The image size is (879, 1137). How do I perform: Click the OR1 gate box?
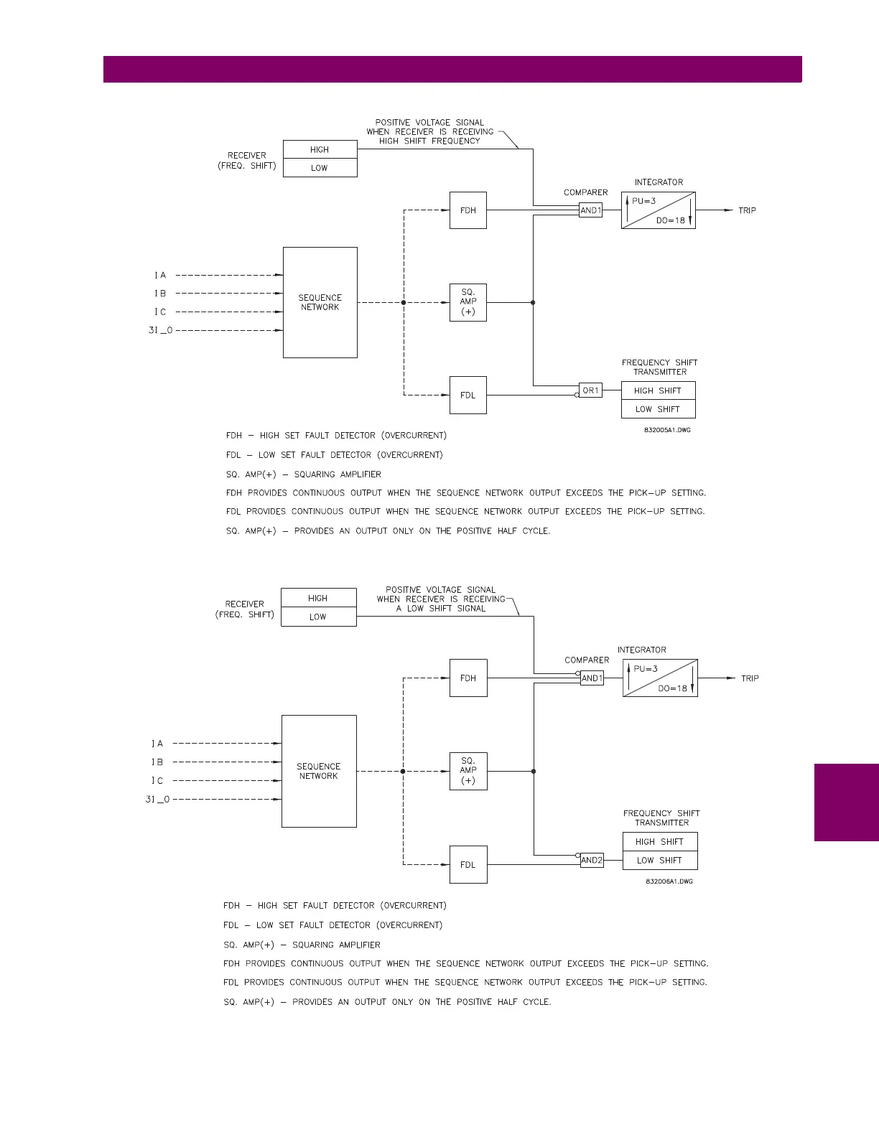click(x=590, y=390)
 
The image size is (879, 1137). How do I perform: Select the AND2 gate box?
click(x=592, y=860)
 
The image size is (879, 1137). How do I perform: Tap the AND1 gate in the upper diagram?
click(x=590, y=210)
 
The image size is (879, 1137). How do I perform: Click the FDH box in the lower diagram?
click(x=468, y=678)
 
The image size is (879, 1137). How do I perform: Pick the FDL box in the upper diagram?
click(x=468, y=396)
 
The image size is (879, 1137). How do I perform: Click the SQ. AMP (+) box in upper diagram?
click(x=468, y=302)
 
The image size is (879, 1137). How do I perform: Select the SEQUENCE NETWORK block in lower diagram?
click(x=319, y=771)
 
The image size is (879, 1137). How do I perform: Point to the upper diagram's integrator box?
click(x=659, y=210)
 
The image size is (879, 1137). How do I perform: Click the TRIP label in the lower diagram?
click(x=750, y=678)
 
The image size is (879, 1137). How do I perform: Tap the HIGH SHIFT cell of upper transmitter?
click(x=659, y=390)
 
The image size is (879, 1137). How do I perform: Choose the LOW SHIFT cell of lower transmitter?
click(x=660, y=860)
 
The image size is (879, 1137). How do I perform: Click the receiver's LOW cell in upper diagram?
click(x=320, y=168)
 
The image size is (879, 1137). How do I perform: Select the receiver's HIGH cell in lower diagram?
click(x=318, y=598)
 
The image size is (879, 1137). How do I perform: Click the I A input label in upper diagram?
click(x=160, y=275)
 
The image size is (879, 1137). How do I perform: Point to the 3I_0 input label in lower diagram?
click(x=158, y=799)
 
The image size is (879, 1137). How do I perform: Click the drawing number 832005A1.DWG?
click(x=667, y=430)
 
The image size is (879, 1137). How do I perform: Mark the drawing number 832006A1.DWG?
click(x=669, y=881)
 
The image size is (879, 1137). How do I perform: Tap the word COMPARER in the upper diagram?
click(x=586, y=192)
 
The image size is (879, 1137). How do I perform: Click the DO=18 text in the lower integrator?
click(x=673, y=688)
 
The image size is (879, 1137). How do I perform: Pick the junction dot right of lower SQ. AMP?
click(x=534, y=772)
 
